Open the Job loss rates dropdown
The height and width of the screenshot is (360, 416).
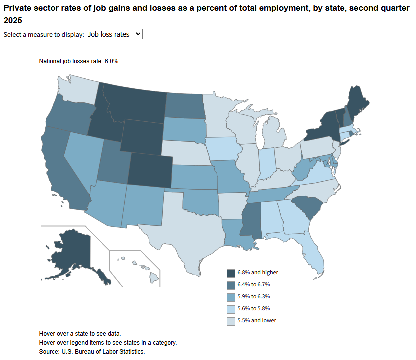114,34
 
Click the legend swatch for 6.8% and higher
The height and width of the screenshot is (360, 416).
231,273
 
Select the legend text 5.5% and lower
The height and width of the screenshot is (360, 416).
257,320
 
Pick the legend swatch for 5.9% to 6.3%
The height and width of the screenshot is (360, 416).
231,297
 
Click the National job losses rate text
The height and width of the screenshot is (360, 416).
79,61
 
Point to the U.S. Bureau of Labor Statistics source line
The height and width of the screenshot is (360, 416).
92,352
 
